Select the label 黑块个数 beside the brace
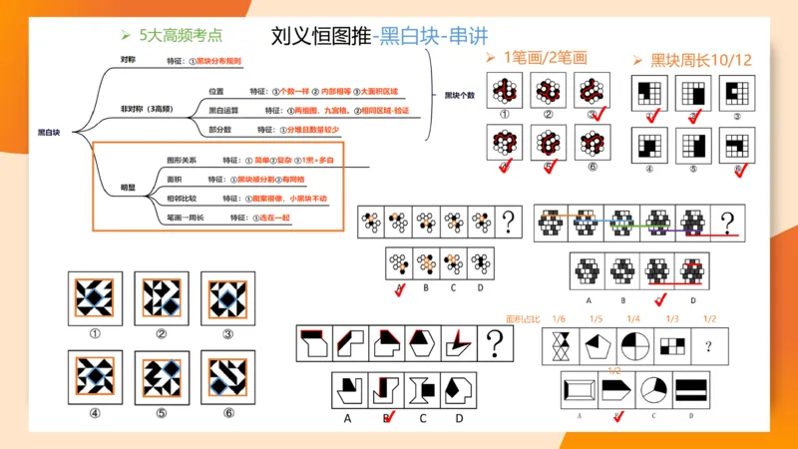pos(460,96)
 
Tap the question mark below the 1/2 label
pos(708,346)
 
